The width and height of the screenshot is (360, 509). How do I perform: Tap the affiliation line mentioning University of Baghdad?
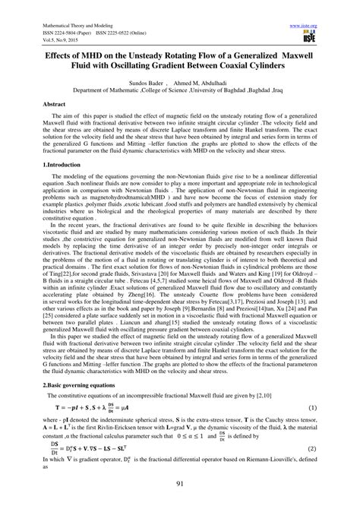[181, 91]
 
